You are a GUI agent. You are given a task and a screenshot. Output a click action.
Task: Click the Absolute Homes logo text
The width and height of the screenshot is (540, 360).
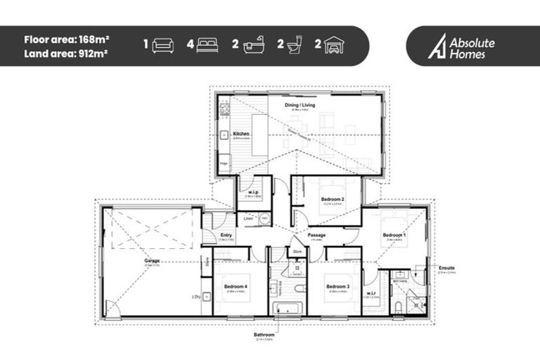point(472,47)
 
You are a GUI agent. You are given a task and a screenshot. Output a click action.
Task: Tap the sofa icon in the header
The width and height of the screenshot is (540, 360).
point(163,45)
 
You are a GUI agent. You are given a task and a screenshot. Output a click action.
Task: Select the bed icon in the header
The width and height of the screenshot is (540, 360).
point(207,45)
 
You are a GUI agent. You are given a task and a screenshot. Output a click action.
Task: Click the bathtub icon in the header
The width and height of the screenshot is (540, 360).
point(253,45)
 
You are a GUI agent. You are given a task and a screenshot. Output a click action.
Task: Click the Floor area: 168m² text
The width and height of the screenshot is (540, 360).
point(65,39)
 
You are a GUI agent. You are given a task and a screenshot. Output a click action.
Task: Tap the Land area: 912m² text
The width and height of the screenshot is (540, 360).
point(65,53)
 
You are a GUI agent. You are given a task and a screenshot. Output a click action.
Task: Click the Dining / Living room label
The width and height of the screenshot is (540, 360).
point(300,105)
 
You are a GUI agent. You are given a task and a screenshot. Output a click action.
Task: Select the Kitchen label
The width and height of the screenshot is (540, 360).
point(241,133)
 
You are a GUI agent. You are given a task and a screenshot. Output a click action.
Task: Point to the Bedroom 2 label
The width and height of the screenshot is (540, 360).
point(332,199)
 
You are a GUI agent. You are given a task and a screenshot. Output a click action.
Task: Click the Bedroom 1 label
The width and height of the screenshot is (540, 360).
point(394,234)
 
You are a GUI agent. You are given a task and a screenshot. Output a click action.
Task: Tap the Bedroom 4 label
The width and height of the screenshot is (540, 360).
point(235,287)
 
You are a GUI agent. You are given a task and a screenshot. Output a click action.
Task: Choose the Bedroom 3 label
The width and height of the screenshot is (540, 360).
point(337,287)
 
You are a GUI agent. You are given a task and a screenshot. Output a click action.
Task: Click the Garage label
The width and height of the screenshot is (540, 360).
point(152,260)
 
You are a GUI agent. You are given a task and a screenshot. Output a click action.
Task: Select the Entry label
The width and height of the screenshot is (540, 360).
point(226,236)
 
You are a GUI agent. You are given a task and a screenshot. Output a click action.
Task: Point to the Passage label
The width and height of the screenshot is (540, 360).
point(316,234)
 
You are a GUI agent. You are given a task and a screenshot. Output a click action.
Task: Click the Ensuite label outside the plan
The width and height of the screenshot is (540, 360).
point(446,268)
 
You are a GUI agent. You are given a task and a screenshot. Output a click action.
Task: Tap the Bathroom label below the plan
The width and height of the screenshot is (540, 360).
point(264,335)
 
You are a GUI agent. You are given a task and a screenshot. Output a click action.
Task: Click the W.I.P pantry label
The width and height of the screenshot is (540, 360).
point(251,191)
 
